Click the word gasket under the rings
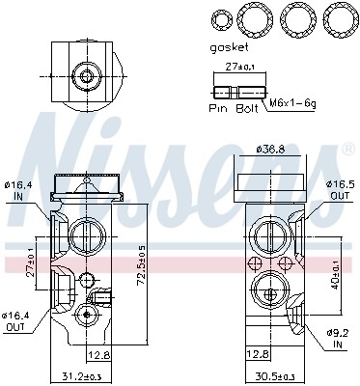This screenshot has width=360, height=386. coord(230,45)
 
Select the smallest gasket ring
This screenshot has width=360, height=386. coord(222,19)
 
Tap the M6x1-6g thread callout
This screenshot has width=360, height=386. coord(291,102)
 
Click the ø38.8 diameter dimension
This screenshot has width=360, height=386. coord(271,149)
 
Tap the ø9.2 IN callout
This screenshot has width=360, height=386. coord(337,338)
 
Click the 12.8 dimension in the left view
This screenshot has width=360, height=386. coord(103,354)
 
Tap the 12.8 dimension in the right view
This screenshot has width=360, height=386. coord(257,354)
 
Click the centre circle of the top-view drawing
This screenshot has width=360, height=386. coord(86,74)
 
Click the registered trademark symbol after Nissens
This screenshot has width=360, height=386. coord(346,151)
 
